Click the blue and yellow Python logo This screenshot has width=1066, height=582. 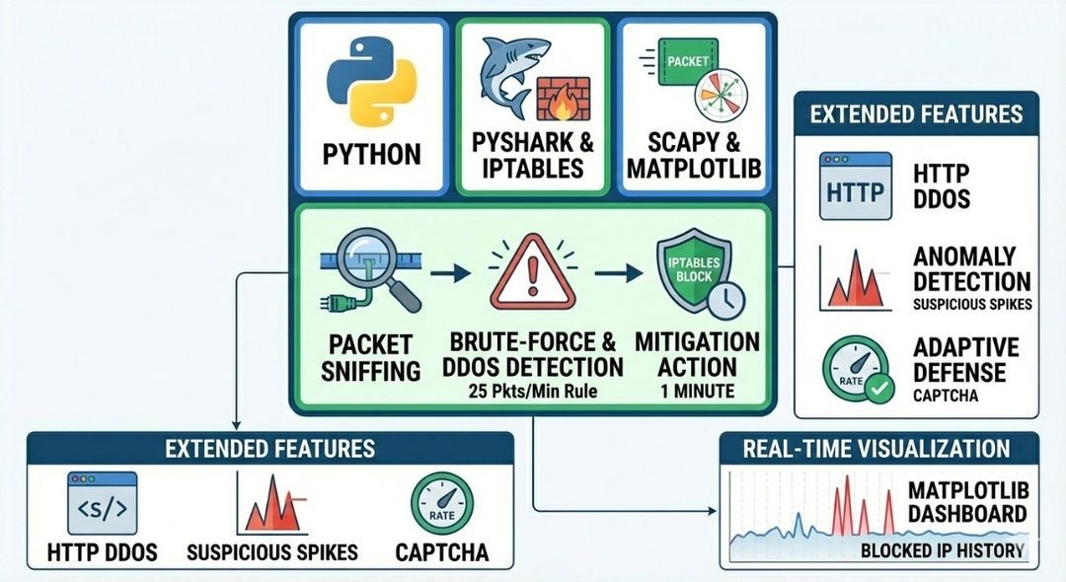[372, 83]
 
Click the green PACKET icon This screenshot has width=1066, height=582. [687, 65]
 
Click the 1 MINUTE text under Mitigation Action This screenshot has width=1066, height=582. [698, 392]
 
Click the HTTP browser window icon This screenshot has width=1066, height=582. [855, 185]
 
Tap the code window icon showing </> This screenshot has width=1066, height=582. [103, 503]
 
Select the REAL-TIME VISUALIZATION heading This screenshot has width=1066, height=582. [877, 449]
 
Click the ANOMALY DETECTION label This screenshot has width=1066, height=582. [971, 269]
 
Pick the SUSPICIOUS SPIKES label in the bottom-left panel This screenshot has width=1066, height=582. [272, 551]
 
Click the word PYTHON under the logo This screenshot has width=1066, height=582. [372, 154]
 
